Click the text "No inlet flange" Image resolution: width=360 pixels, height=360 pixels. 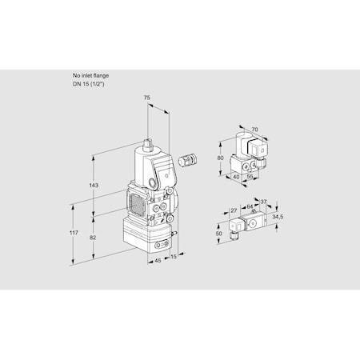pos(91,74)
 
